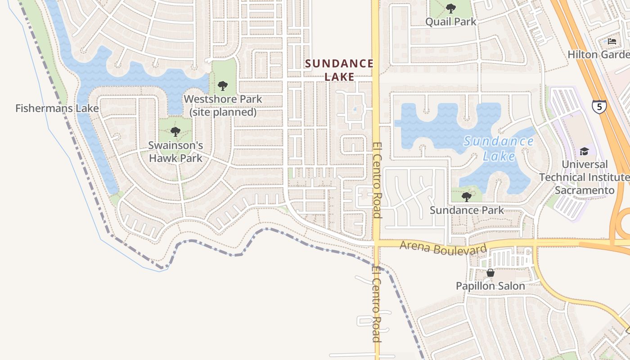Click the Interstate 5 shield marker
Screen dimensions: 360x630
pyautogui.click(x=599, y=107)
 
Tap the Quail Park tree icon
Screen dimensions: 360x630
pyautogui.click(x=450, y=8)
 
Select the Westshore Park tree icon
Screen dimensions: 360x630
pyautogui.click(x=222, y=85)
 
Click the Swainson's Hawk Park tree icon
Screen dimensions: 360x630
pyautogui.click(x=175, y=132)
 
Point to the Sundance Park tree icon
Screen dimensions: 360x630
pyautogui.click(x=467, y=197)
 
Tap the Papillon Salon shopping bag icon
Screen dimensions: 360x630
pyautogui.click(x=490, y=273)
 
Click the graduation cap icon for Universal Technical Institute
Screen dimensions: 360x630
pyautogui.click(x=584, y=151)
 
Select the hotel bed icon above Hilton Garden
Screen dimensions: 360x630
pyautogui.click(x=612, y=41)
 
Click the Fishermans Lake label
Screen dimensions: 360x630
pyautogui.click(x=57, y=108)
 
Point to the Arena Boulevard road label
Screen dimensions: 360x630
pyautogui.click(x=443, y=248)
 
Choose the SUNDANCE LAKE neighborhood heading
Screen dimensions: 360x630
pyautogui.click(x=339, y=70)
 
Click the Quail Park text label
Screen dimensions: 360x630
pyautogui.click(x=450, y=22)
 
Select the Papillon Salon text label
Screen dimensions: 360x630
pyautogui.click(x=490, y=286)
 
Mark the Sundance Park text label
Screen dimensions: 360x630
pyautogui.click(x=467, y=210)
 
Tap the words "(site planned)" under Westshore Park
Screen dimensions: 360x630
pyautogui.click(x=223, y=112)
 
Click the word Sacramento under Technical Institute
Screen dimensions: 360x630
pyautogui.click(x=584, y=190)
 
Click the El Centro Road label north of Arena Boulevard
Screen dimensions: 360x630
pyautogui.click(x=377, y=180)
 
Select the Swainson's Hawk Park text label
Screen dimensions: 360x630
pyautogui.click(x=175, y=152)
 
